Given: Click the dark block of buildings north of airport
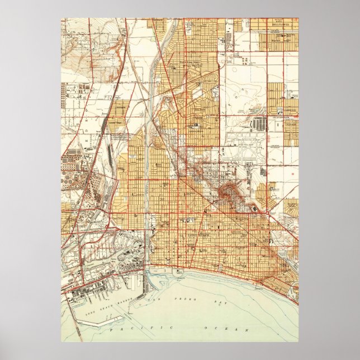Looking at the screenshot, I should pos(260,124).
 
